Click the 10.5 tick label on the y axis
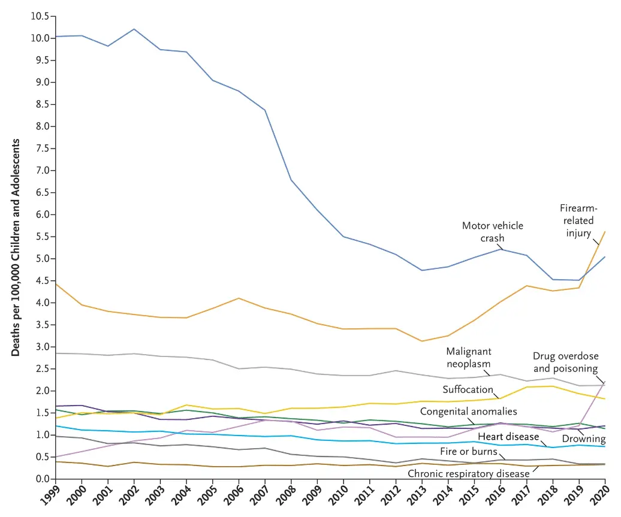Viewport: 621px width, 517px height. pyautogui.click(x=38, y=16)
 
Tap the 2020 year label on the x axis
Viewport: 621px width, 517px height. pyautogui.click(x=601, y=494)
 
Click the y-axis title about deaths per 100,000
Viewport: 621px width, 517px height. pyautogui.click(x=16, y=247)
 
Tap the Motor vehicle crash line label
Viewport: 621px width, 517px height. pyautogui.click(x=492, y=232)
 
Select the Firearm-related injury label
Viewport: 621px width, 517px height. pyautogui.click(x=578, y=220)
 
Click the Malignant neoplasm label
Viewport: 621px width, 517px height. pyautogui.click(x=468, y=357)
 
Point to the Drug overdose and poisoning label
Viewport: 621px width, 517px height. pyautogui.click(x=565, y=362)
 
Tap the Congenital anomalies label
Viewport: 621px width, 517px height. pyautogui.click(x=468, y=412)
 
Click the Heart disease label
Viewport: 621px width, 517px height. pyautogui.click(x=508, y=437)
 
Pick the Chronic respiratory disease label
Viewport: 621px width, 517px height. pyautogui.click(x=469, y=473)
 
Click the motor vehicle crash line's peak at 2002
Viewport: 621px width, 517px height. pyautogui.click(x=134, y=29)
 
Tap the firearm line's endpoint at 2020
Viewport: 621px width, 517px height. pyautogui.click(x=604, y=231)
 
